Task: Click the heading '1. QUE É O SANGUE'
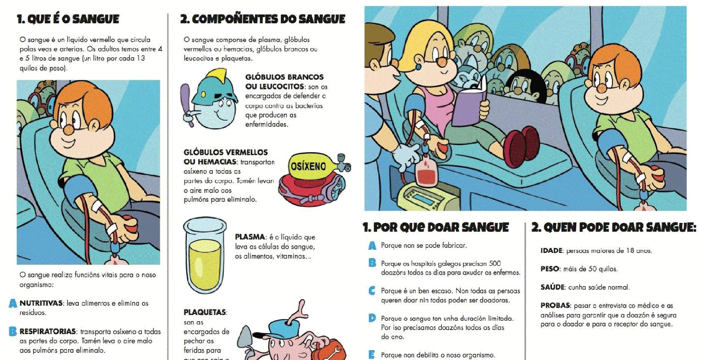click(x=68, y=20)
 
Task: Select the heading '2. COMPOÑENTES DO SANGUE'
click(x=263, y=20)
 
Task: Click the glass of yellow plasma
click(x=205, y=256)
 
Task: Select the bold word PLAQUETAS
click(x=205, y=312)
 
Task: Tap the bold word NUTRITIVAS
click(x=41, y=303)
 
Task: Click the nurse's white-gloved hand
click(x=407, y=155)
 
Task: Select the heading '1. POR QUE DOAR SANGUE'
click(x=436, y=228)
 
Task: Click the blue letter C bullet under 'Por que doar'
click(x=371, y=291)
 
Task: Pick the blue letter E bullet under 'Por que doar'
click(x=371, y=355)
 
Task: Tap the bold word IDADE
click(x=551, y=251)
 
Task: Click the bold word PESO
click(x=550, y=269)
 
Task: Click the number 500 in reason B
click(x=494, y=263)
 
